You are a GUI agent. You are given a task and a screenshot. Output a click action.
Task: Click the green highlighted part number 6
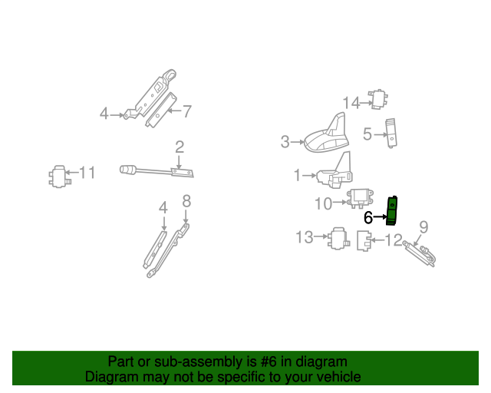(392, 210)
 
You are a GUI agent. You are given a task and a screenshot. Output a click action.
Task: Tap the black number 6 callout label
(367, 218)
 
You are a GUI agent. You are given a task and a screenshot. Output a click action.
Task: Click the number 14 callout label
(351, 102)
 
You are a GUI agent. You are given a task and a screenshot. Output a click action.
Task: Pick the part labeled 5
(392, 131)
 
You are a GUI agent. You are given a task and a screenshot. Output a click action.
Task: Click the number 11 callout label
(88, 173)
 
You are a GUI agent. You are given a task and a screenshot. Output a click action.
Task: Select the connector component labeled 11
(58, 176)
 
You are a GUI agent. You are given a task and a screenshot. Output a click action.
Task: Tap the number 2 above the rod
(179, 147)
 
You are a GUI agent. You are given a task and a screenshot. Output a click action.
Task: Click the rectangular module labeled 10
(361, 199)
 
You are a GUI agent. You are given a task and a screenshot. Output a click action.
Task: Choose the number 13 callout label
(305, 237)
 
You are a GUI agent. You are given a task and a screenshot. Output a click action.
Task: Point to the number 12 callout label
(393, 240)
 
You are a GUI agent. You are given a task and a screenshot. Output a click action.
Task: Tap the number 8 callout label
(186, 202)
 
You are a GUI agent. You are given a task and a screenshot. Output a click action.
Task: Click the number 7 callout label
(186, 111)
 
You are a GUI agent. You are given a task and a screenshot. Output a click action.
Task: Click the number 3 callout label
(285, 141)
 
